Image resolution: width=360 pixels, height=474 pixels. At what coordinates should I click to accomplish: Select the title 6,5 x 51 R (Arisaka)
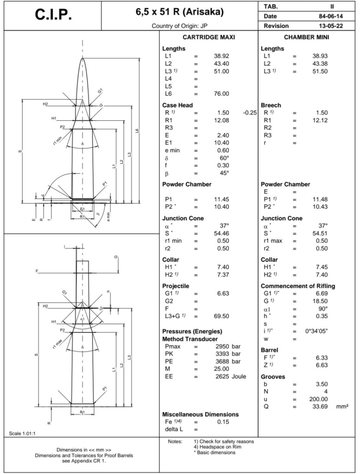180,12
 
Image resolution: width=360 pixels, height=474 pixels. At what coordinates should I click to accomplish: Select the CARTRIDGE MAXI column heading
209,37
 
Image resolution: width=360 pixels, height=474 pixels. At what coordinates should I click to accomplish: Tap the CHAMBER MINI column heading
306,37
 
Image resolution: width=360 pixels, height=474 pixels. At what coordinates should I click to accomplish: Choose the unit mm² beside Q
342,406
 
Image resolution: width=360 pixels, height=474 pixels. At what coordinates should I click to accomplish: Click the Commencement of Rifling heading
298,286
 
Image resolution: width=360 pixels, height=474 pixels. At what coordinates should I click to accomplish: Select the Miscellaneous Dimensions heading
200,414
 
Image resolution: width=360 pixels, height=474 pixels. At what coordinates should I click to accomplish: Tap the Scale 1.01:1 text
23,433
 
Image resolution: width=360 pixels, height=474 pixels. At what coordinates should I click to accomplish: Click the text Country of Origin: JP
179,26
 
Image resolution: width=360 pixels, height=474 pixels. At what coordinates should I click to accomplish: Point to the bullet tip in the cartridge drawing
83,59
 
